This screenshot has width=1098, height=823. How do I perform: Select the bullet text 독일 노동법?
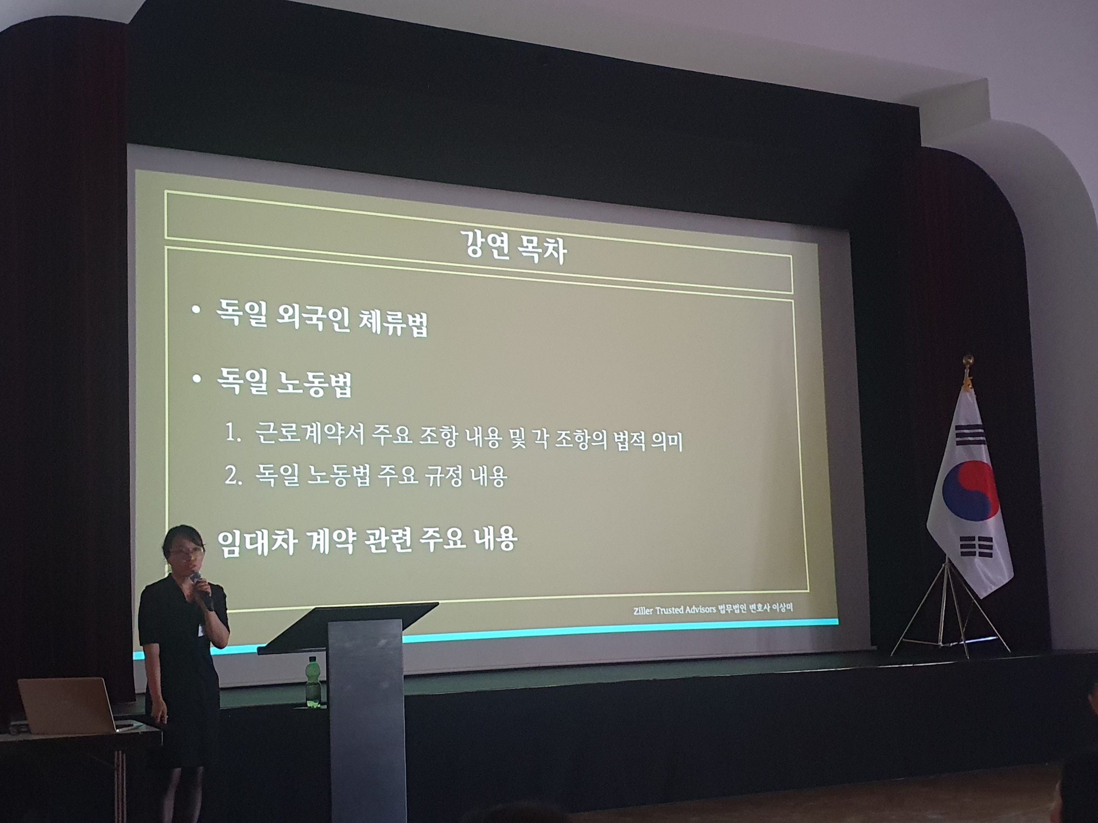[x=284, y=383]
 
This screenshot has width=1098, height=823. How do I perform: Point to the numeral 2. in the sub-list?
[x=233, y=475]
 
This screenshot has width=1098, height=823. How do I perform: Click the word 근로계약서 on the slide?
[x=310, y=433]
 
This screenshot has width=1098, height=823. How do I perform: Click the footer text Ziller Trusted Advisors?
[x=674, y=610]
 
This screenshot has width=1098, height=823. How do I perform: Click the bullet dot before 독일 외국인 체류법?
[x=196, y=310]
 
